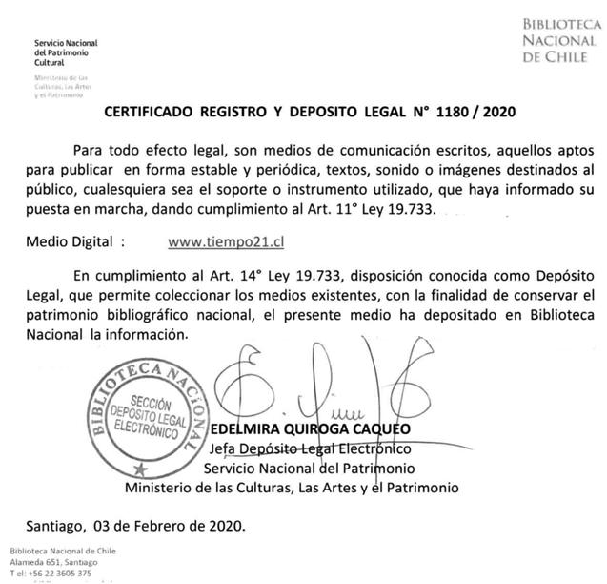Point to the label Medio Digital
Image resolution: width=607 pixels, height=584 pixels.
pyautogui.click(x=79, y=242)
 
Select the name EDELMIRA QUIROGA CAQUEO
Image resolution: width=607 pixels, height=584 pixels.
pyautogui.click(x=309, y=429)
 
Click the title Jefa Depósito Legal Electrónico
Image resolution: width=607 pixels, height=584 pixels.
pyautogui.click(x=309, y=448)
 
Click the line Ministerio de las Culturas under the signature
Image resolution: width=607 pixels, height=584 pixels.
pyautogui.click(x=292, y=488)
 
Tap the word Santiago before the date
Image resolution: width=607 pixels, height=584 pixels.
pyautogui.click(x=56, y=524)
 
